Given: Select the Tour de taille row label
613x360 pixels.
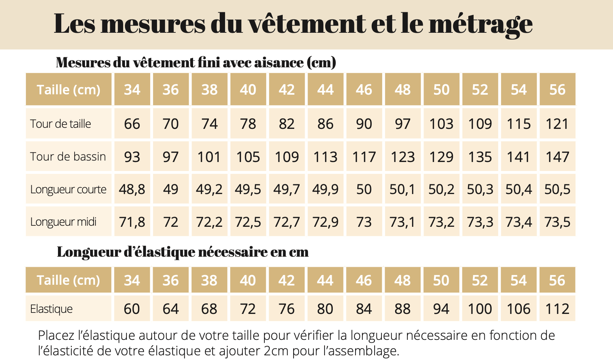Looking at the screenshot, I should [61, 124].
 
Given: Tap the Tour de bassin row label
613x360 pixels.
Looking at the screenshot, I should [68, 157].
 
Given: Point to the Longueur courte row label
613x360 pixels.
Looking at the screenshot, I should [68, 189].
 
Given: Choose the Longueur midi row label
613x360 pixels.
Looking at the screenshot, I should [63, 222].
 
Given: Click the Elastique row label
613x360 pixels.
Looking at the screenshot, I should [52, 309].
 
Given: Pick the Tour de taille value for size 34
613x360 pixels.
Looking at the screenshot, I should [132, 124].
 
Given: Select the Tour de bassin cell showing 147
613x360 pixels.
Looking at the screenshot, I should [557, 157].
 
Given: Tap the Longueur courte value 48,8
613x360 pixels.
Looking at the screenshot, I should [132, 189].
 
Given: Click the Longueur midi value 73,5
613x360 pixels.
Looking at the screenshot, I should [557, 222].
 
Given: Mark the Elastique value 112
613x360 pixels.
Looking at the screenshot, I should [557, 309].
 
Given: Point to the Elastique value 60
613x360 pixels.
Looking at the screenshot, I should [132, 309].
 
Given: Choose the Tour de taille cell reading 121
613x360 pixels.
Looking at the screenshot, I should [557, 124].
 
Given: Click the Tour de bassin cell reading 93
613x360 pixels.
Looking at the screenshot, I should [132, 157].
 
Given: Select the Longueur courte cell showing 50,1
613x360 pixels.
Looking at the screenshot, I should [402, 189].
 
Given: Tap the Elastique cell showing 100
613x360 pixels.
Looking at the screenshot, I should [480, 309].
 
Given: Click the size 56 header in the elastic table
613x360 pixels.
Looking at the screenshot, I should [557, 280].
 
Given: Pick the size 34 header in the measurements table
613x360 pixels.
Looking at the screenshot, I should [132, 90].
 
